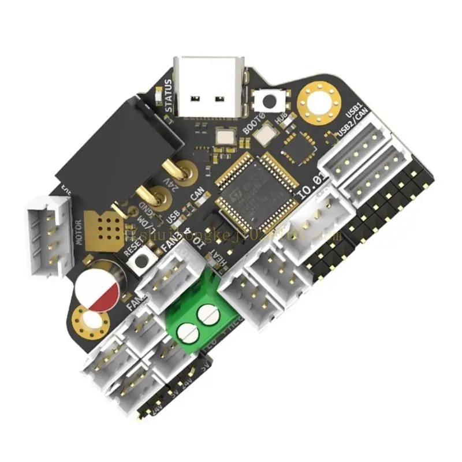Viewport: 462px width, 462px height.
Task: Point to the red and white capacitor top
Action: pyautogui.click(x=97, y=289)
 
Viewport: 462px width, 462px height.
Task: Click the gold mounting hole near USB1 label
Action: pyautogui.click(x=318, y=103)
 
